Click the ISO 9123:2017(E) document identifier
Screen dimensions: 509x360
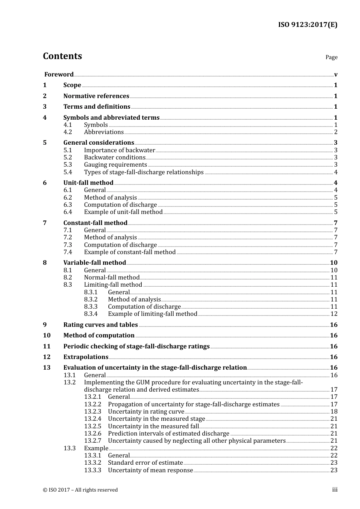[307, 25]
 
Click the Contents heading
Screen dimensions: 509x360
[62, 56]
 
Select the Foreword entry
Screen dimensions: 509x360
[59, 74]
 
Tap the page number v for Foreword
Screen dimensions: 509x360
[335, 75]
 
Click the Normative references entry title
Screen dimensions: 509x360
[96, 96]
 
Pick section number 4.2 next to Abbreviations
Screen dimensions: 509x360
[68, 132]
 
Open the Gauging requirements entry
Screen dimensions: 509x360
[115, 164]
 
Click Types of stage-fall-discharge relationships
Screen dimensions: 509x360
[144, 172]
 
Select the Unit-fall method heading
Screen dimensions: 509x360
[88, 183]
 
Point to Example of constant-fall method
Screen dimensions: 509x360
[130, 252]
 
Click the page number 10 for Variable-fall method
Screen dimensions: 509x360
[333, 262]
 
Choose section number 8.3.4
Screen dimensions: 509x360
[91, 314]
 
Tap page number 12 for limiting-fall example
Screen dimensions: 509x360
[334, 314]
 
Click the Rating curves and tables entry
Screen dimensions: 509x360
[100, 325]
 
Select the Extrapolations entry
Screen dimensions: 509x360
[86, 357]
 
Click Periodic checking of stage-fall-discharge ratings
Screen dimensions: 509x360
[136, 346]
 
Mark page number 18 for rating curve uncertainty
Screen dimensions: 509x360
[334, 411]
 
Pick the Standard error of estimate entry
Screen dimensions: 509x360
[145, 462]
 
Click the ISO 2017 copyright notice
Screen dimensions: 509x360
[80, 490]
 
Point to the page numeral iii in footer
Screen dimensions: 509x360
[335, 490]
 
